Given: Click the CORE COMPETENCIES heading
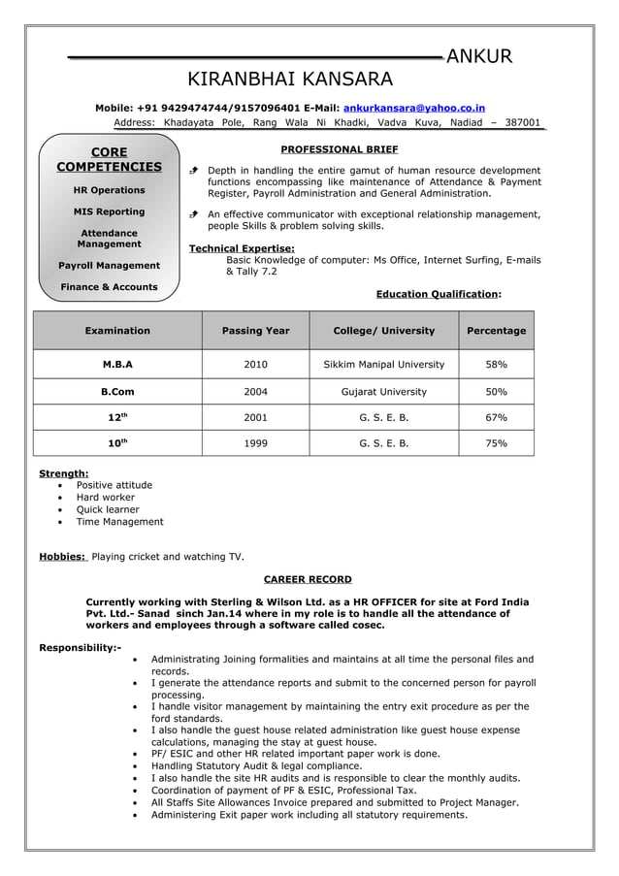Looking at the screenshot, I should [x=109, y=160].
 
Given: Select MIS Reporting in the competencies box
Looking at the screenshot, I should [x=109, y=211].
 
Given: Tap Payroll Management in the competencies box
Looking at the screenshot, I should [x=109, y=265].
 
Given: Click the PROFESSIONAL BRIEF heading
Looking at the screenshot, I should [x=339, y=149].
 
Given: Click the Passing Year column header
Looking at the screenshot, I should [x=255, y=331].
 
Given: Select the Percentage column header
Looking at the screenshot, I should [x=496, y=331].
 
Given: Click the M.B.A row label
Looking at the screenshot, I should [x=117, y=364].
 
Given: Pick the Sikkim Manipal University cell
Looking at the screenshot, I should [x=383, y=364].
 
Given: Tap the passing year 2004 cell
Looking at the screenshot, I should [x=255, y=392].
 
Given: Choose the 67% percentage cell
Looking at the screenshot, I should [x=496, y=417].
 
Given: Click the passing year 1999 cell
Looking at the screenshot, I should [x=255, y=443].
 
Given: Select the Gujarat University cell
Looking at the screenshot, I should [x=383, y=392].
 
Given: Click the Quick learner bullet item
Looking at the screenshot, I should [x=108, y=509].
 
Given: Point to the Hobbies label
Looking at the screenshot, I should [x=62, y=557].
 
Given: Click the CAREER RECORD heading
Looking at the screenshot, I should [x=308, y=579].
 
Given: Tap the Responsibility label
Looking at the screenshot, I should [x=80, y=647].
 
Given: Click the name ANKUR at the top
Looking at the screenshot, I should [x=479, y=57].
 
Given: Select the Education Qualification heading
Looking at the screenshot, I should [x=438, y=294].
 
